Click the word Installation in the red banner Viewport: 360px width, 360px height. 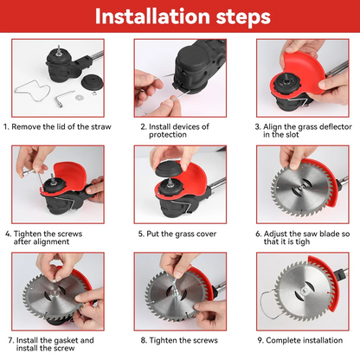click(152, 16)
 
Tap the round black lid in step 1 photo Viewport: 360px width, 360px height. click(92, 82)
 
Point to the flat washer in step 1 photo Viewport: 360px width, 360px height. click(78, 98)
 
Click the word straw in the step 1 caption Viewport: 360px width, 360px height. click(101, 126)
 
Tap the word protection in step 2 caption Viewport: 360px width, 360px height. click(168, 135)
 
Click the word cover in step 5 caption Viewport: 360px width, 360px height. click(207, 234)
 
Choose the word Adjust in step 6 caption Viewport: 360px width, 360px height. click(275, 234)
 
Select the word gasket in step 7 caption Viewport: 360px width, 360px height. click(66, 340)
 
